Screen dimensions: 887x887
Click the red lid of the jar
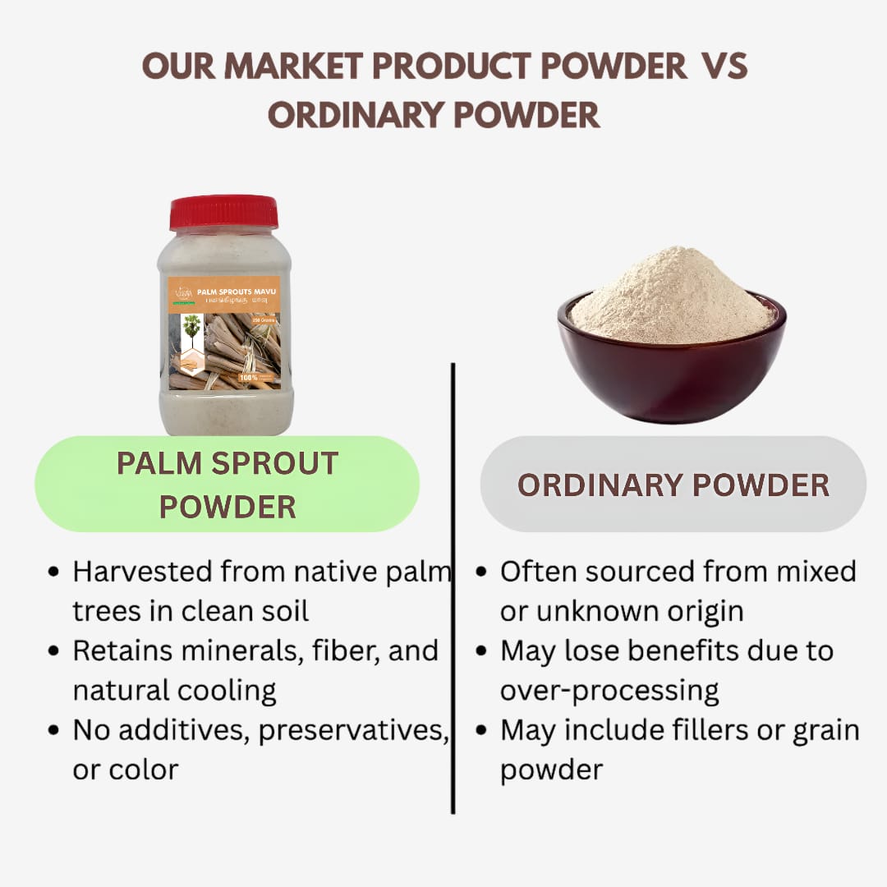coord(223,213)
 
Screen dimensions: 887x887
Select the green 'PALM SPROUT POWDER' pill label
coord(227,485)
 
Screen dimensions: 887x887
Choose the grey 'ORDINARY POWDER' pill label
coord(673,485)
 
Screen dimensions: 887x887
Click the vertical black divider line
coord(453,587)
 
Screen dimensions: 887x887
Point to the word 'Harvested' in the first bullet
coord(145,571)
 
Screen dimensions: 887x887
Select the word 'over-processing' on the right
coord(609,691)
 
